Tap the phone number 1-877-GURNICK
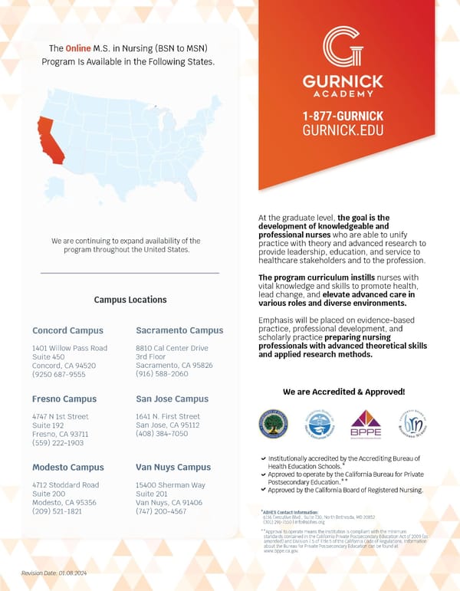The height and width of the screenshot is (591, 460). point(342,116)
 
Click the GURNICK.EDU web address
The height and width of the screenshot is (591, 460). point(342,130)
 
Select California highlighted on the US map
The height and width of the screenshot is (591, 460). point(48,139)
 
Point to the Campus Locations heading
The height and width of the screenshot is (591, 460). point(130,300)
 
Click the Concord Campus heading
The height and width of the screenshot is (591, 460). point(67,330)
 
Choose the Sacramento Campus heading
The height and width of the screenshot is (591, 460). point(179,330)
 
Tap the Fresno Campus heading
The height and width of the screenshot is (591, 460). point(64,399)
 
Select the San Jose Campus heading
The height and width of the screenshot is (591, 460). point(172,399)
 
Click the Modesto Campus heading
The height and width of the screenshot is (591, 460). point(67,467)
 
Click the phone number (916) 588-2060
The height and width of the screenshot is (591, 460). point(161,374)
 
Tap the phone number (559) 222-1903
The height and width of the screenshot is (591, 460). point(58,442)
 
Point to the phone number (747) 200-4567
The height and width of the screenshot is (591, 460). point(160,511)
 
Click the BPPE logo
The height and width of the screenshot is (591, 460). point(366,424)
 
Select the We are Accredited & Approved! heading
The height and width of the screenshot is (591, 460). point(343,392)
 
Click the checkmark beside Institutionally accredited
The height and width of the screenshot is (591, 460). point(263,458)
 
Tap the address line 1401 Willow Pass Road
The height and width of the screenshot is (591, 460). point(70,348)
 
